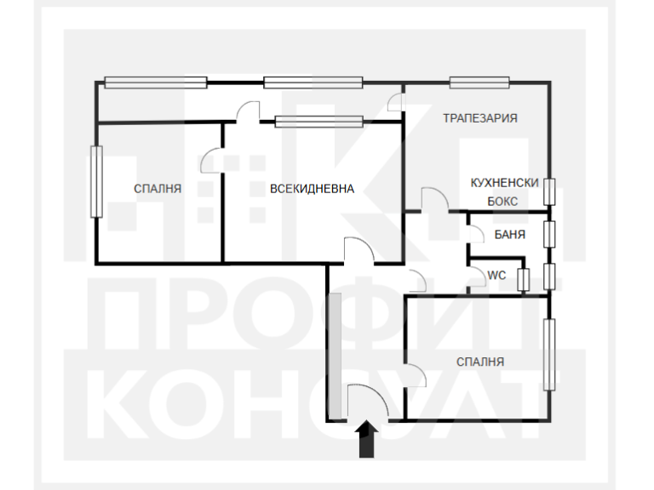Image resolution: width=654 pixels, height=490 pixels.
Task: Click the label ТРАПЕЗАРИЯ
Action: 479,118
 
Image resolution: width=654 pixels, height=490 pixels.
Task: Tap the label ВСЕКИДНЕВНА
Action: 312,189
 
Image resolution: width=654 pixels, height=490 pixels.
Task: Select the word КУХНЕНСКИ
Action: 505,183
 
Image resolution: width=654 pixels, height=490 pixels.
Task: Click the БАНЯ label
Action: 509,234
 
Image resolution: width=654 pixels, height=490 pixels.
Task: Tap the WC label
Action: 496,275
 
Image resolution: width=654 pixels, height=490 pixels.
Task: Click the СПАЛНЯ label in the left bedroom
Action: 158,189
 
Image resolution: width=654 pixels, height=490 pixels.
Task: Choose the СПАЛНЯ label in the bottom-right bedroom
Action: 480,362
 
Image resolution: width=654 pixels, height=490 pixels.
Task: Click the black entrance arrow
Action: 366,440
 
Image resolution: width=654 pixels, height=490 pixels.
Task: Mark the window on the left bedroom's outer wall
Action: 96,180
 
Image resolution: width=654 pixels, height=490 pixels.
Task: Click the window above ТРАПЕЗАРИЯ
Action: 479,83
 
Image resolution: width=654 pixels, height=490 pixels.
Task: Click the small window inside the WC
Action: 524,279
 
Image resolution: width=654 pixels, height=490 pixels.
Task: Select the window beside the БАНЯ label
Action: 550,234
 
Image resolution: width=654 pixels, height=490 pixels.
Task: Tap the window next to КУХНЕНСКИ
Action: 550,191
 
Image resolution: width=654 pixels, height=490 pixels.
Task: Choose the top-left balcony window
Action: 156,83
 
